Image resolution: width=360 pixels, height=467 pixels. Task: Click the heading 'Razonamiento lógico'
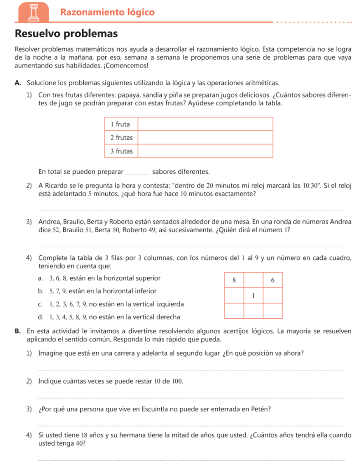point(108,12)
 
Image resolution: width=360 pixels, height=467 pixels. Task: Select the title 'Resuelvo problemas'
point(66,33)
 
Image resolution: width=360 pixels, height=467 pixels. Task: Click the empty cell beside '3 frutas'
point(205,151)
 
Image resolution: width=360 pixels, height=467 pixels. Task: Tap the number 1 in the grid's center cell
point(253,296)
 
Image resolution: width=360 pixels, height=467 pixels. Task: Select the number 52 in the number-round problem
point(57,230)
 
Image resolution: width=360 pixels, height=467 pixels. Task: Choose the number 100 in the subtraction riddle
point(176,381)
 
